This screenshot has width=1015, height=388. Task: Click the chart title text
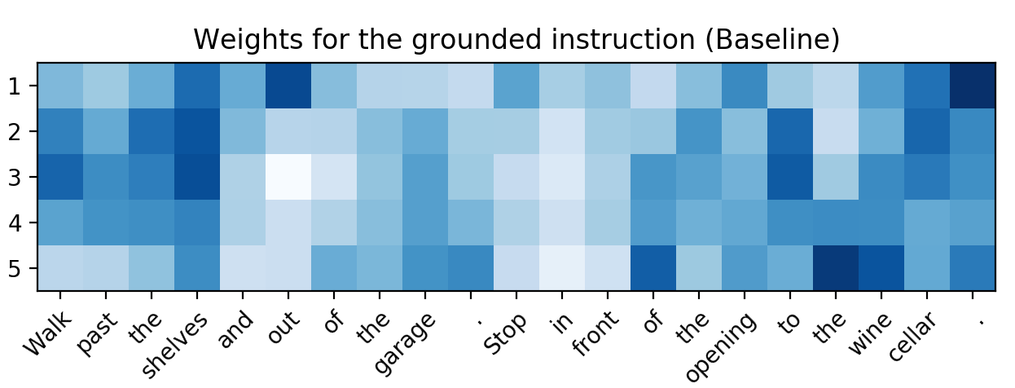coord(516,39)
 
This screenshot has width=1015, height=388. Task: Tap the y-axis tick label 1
coord(15,86)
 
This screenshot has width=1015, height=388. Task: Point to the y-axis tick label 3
coord(15,177)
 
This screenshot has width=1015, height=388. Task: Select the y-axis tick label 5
coord(15,268)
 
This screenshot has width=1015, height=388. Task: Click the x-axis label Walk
coord(47,333)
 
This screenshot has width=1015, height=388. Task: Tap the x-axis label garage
coord(406,344)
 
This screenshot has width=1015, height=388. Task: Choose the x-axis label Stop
coord(505,333)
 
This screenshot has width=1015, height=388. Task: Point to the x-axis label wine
coord(870,333)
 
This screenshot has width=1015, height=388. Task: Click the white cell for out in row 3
coord(288,177)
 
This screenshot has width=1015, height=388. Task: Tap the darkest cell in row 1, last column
coord(973,86)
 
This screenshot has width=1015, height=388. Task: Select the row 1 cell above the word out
coord(288,86)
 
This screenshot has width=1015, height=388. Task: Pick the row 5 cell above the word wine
coord(881,268)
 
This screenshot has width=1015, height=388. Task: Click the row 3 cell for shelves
coord(197,177)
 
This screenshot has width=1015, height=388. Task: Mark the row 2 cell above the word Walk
coord(60,131)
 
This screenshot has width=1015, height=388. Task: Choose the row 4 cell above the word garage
coord(425,223)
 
